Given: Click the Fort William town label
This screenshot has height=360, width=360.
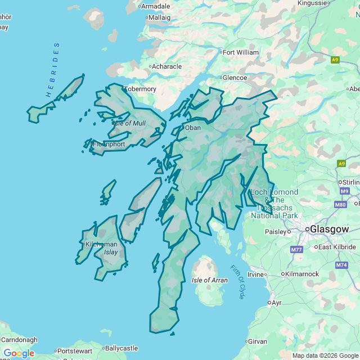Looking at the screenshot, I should click(241, 52).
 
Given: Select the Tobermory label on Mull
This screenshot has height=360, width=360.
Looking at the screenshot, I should click(140, 89).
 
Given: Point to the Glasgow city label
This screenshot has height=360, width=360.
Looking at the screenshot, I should click(330, 229).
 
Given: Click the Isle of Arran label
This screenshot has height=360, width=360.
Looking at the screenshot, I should click(209, 280).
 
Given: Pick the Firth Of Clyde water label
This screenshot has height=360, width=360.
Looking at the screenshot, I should click(238, 281).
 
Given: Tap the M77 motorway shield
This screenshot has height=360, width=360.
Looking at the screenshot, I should click(296, 249).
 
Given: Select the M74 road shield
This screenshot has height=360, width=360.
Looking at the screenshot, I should click(341, 265).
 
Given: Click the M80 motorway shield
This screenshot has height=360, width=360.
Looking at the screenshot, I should click(340, 205).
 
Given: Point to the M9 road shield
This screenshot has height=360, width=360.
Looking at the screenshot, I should click(345, 191).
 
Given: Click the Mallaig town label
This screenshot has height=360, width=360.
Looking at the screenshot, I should click(159, 17).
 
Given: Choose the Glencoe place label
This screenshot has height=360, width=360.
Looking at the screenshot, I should click(235, 78).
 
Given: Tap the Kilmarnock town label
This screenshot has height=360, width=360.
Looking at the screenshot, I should click(302, 274).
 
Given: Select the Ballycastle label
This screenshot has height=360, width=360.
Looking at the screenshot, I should click(121, 348).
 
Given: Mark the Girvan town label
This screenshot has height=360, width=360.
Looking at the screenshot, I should click(258, 341).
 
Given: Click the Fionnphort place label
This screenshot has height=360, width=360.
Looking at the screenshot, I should click(109, 144).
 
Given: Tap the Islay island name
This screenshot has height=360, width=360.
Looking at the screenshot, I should click(111, 252).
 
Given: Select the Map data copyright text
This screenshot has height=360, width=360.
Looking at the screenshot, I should click(325, 355).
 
